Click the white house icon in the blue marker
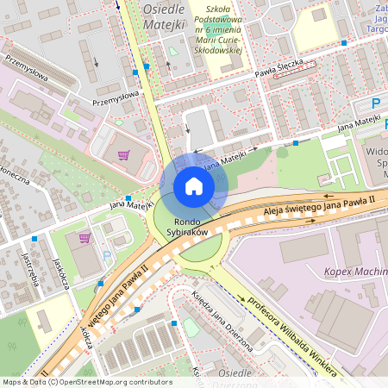pyautogui.click(x=194, y=185)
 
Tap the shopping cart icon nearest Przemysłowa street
pyautogui.click(x=123, y=156)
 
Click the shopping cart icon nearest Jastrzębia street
pyautogui.click(x=84, y=238)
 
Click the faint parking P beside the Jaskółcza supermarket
pyautogui.click(x=106, y=255)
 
